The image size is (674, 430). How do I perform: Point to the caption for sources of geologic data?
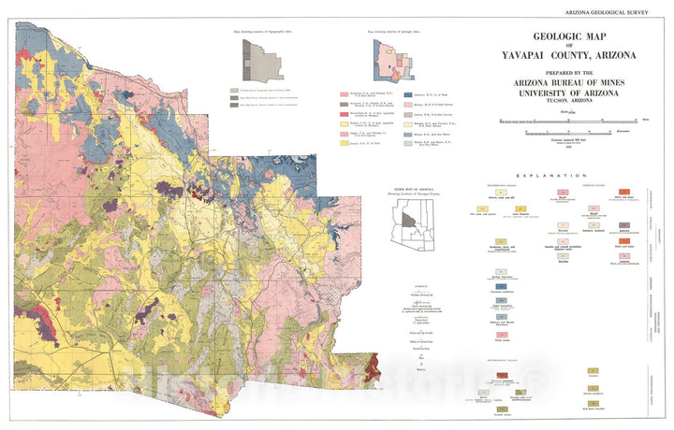(x=394, y=33)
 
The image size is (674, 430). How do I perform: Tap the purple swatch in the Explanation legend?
(x=623, y=226)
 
